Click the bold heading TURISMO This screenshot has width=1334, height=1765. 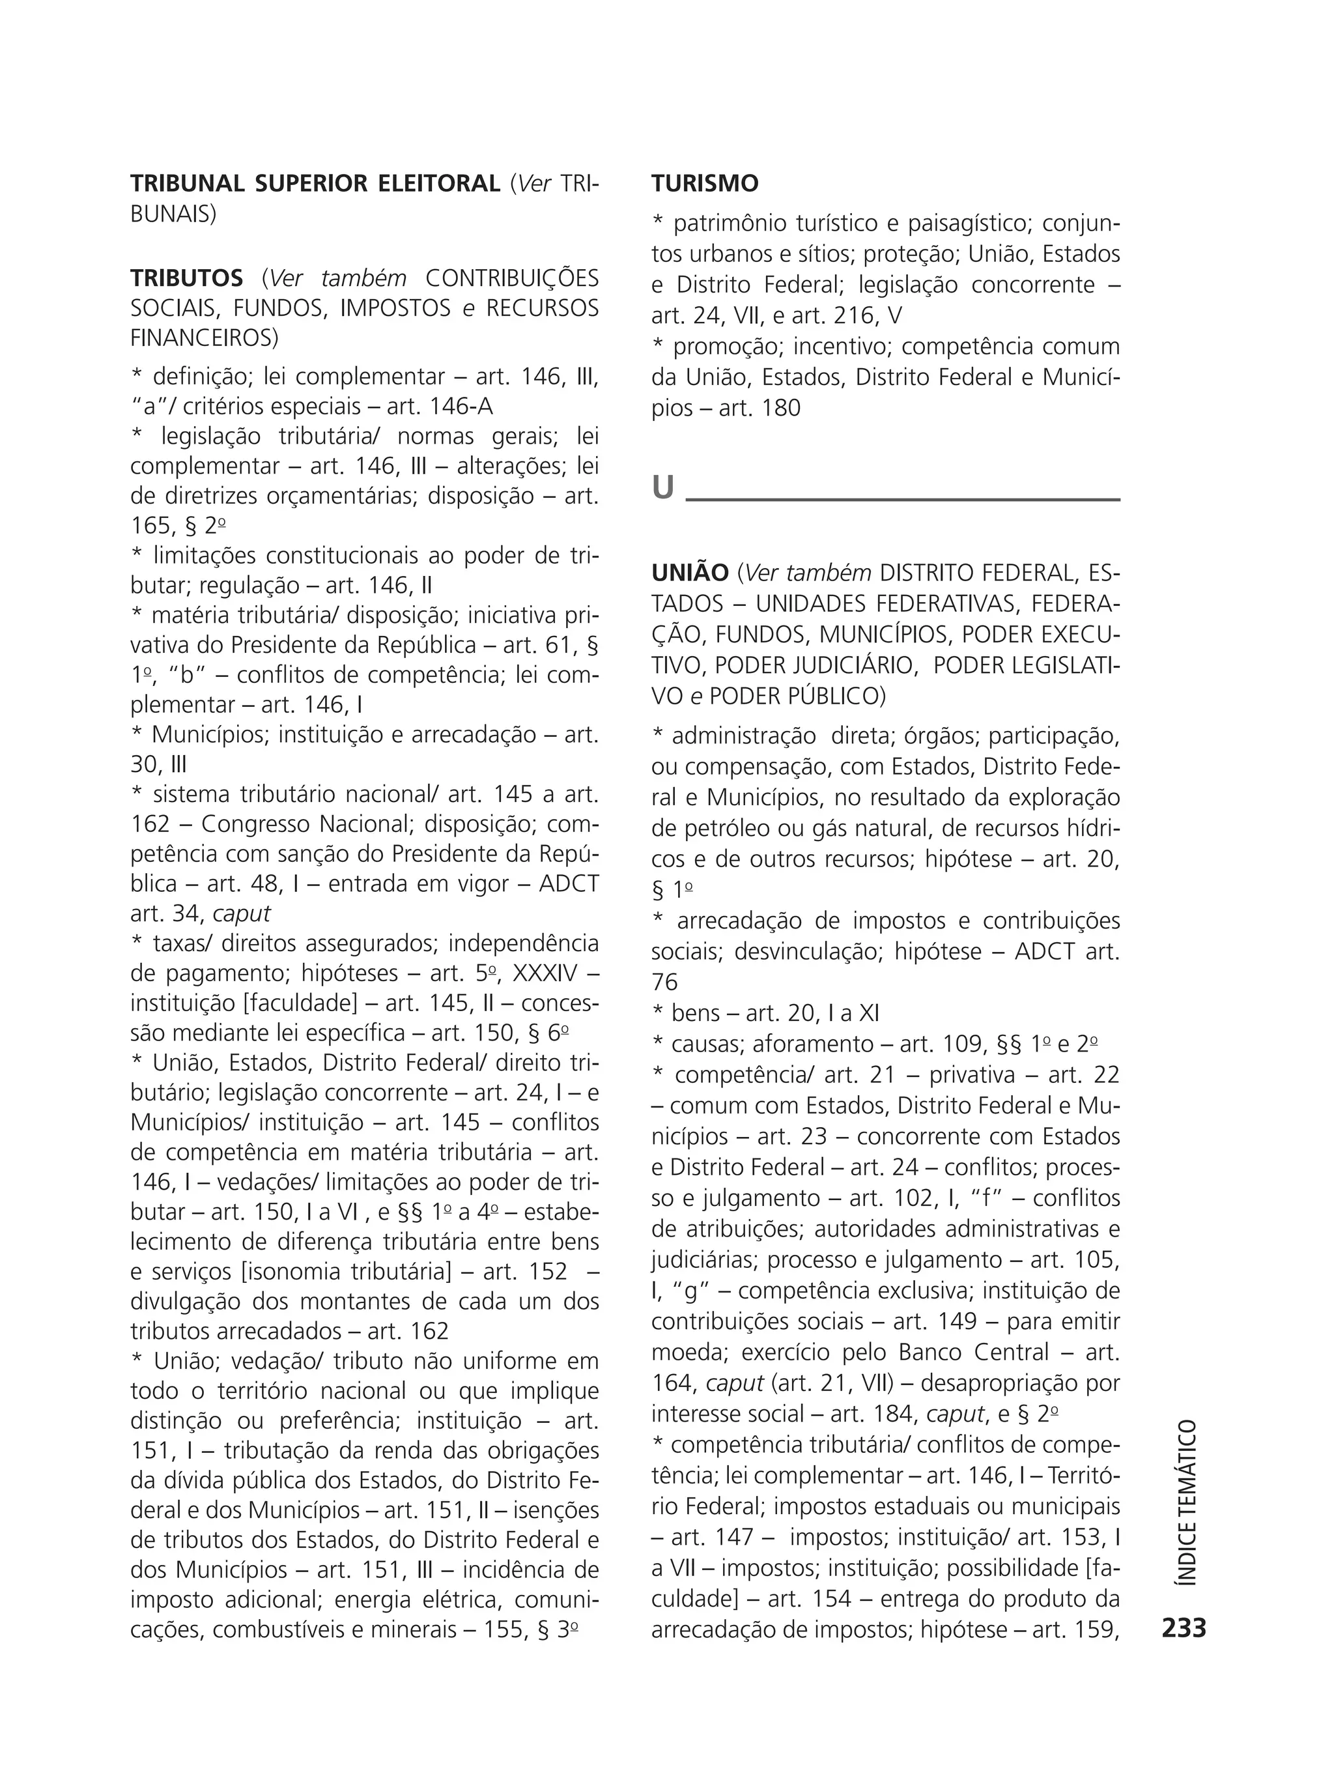tap(705, 184)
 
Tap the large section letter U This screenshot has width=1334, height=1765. tap(663, 487)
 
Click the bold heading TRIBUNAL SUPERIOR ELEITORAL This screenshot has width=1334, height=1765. tap(315, 184)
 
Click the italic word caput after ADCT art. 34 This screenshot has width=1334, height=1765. tap(242, 913)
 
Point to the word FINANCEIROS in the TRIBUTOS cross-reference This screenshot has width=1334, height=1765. tap(205, 338)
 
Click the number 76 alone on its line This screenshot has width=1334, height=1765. tap(664, 983)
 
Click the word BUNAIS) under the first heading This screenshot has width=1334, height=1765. tap(173, 214)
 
